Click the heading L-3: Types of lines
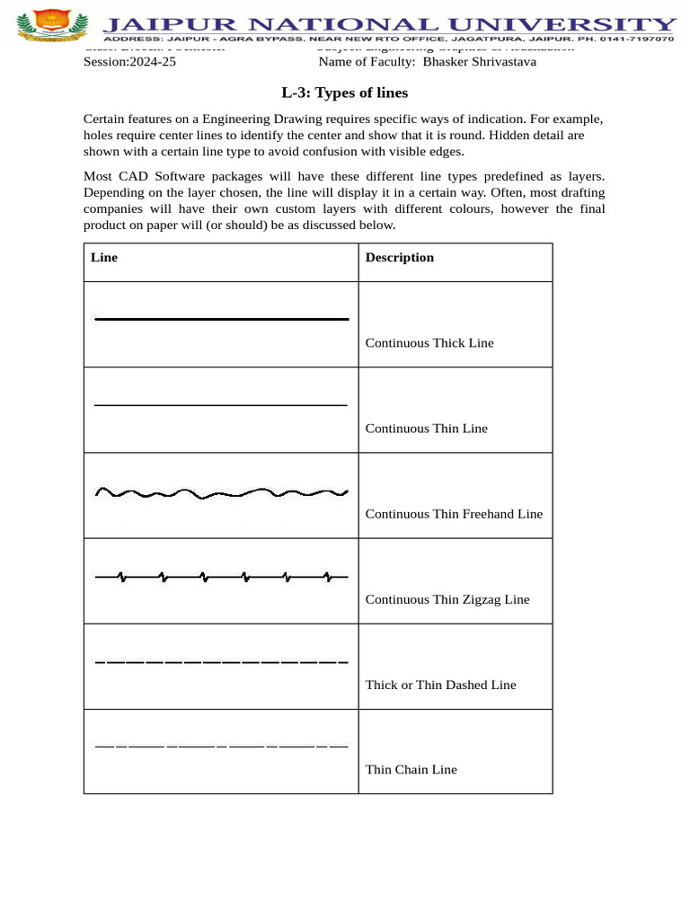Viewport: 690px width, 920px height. click(344, 93)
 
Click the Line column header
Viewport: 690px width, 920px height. click(104, 258)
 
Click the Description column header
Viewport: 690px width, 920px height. click(399, 258)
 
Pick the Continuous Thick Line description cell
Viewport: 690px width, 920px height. click(429, 343)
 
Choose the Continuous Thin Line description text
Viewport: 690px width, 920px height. click(426, 429)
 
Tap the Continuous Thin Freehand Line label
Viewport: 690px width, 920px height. click(454, 514)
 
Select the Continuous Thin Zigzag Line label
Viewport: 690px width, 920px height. click(447, 599)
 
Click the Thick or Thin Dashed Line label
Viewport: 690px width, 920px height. click(440, 685)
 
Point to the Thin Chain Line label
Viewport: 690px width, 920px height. click(411, 770)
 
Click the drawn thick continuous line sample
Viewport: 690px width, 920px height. click(221, 319)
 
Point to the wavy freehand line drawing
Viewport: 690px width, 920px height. click(221, 492)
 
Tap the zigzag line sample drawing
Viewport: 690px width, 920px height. click(221, 577)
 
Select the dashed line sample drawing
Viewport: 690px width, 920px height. click(221, 662)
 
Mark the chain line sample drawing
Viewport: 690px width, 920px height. click(221, 746)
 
